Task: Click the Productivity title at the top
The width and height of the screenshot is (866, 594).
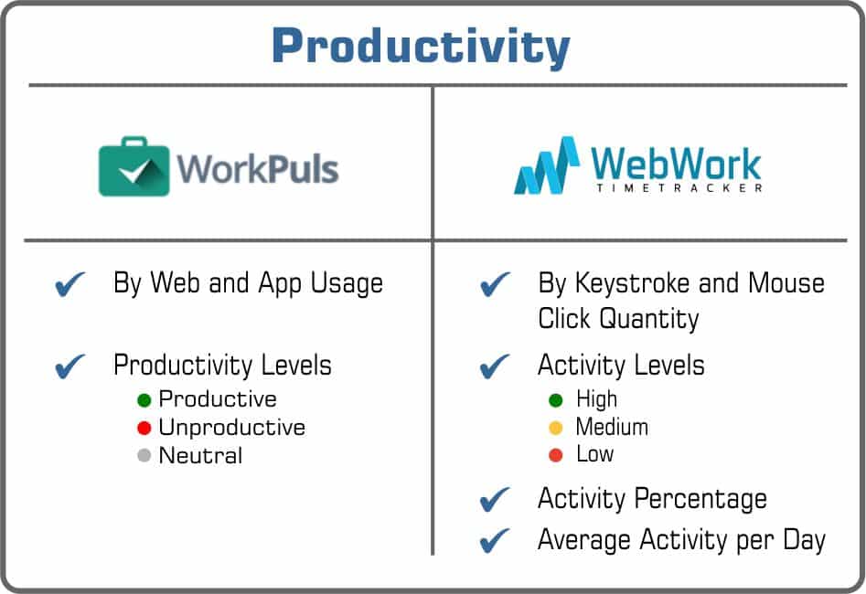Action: (421, 45)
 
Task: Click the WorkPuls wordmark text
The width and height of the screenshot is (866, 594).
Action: (258, 169)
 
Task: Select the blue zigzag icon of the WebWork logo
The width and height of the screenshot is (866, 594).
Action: (547, 166)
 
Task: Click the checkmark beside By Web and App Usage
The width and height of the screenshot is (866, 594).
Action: (71, 285)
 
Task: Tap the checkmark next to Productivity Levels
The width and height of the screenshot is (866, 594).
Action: (71, 366)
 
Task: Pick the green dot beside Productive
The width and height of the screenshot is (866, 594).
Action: (144, 400)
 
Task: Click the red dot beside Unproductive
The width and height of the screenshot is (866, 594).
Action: (144, 428)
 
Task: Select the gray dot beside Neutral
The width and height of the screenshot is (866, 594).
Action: (144, 455)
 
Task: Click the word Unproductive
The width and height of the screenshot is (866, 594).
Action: (231, 428)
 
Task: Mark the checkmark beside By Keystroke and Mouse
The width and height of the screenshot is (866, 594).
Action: (495, 285)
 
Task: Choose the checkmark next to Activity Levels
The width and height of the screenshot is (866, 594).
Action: (495, 366)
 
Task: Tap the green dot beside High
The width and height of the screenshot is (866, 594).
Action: (555, 400)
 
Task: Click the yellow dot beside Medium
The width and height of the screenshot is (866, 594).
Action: (555, 428)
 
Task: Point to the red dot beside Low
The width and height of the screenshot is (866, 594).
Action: (555, 454)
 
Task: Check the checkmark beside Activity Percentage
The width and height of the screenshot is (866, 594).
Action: (495, 500)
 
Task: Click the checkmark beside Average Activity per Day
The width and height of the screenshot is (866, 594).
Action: (495, 540)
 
